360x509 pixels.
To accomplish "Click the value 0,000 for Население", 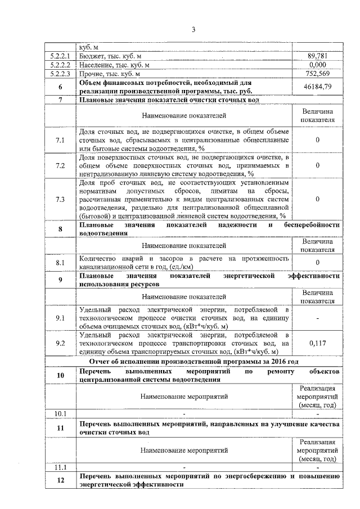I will (x=318, y=65).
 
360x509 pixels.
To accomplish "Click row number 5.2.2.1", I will (x=60, y=56).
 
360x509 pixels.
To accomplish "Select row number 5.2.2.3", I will (x=60, y=73).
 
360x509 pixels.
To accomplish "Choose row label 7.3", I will (x=60, y=199).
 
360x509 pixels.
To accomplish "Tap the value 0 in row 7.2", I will (x=318, y=165).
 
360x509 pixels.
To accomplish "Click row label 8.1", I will (x=60, y=262).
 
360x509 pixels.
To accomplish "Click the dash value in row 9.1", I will (x=318, y=318).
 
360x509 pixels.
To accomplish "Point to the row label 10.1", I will (x=60, y=414).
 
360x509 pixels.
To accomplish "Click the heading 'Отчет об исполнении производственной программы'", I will (x=208, y=361).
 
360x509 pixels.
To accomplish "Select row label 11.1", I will (x=60, y=467).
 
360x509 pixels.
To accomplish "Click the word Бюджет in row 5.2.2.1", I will (x=91, y=56).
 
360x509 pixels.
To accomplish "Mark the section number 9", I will (x=60, y=280).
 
